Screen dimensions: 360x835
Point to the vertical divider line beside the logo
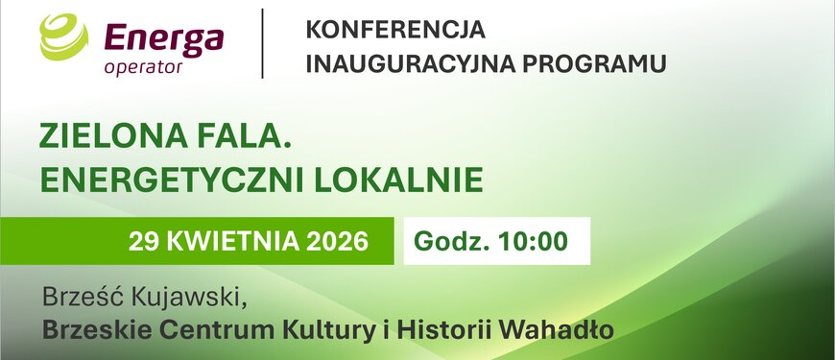tap(263, 43)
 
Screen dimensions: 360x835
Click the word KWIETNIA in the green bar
tap(233, 242)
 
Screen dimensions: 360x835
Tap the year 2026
tap(337, 242)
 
